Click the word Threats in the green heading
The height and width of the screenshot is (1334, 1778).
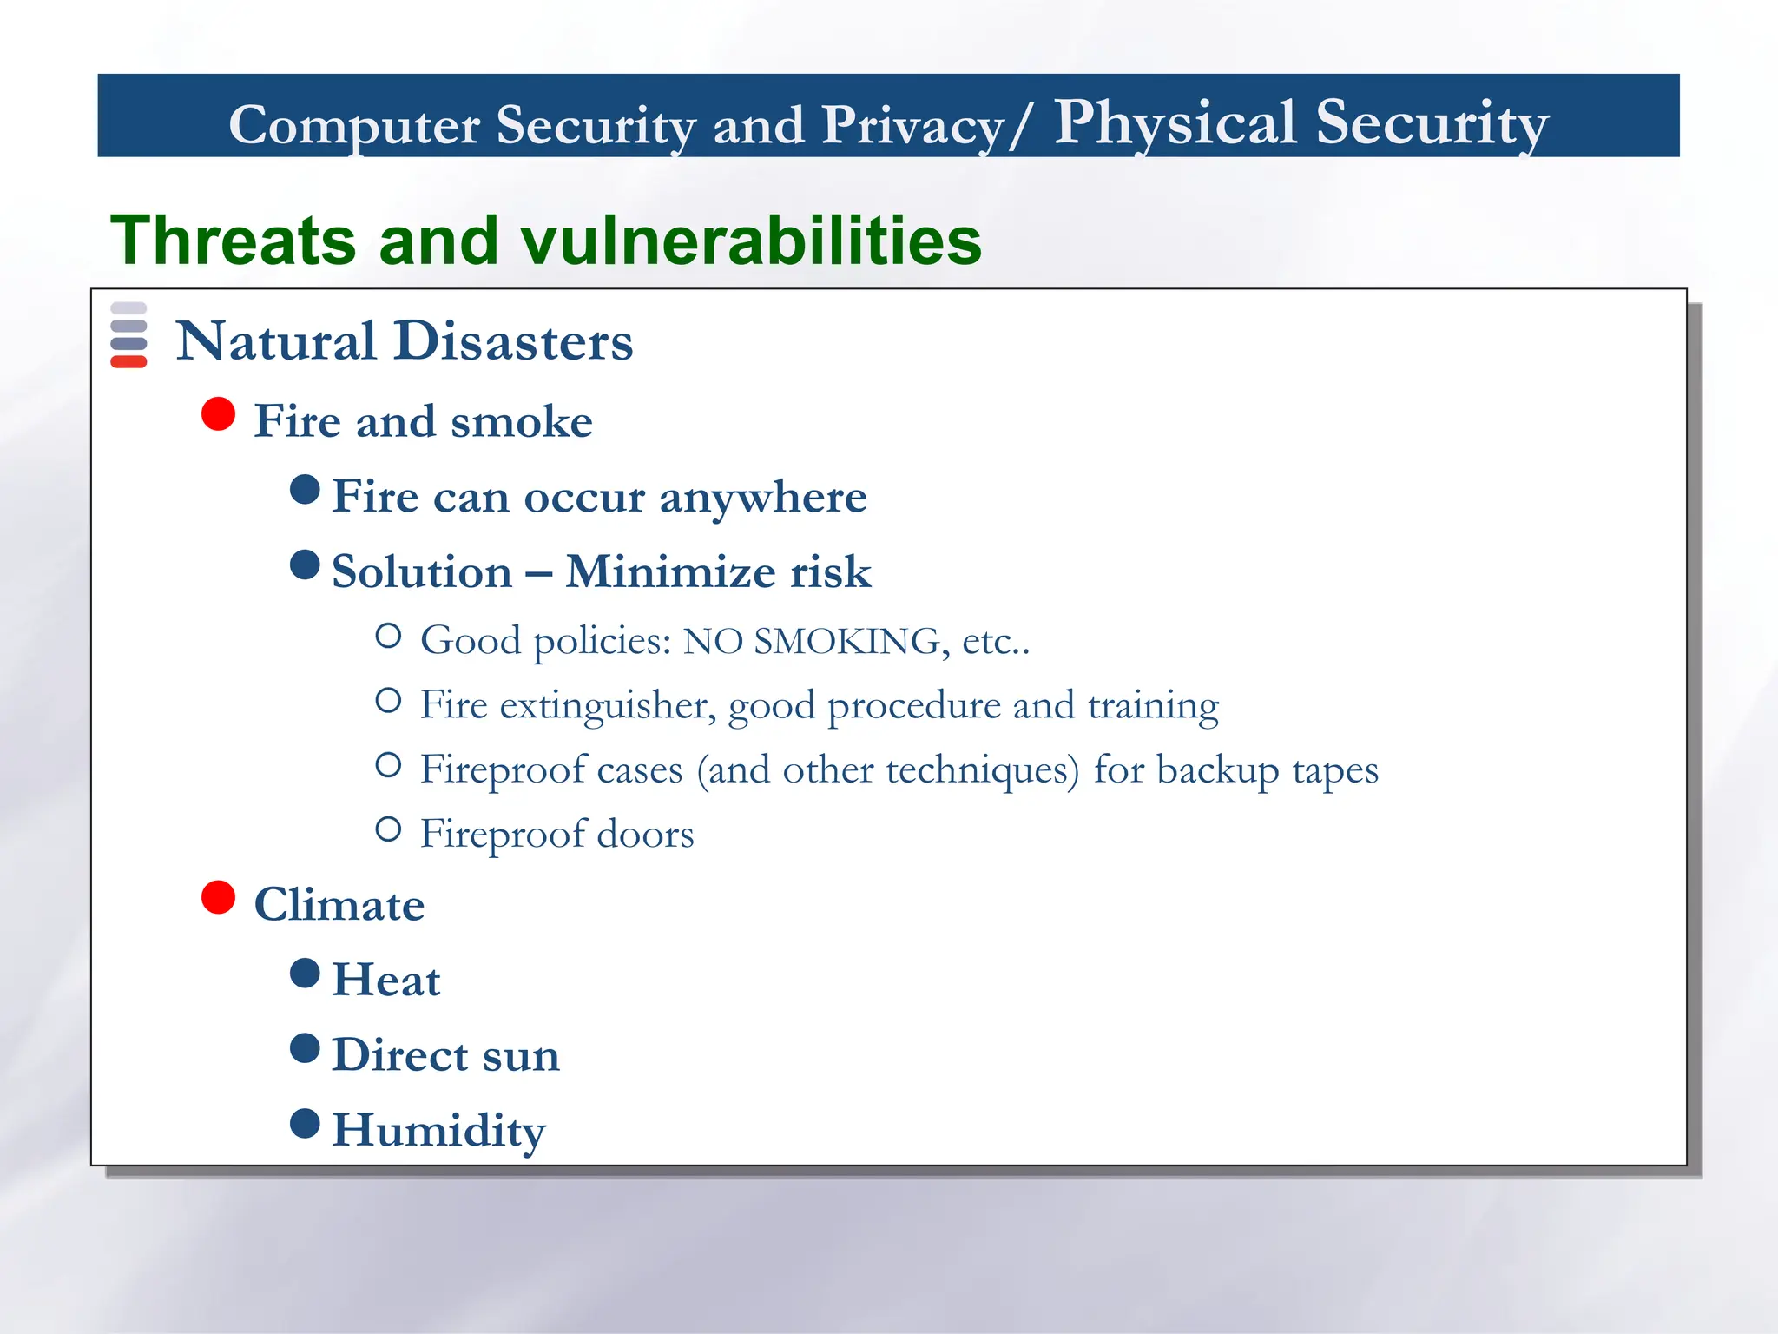pos(233,241)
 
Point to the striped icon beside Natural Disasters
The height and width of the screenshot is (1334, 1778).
pos(128,335)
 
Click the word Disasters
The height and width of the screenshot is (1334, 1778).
pos(513,340)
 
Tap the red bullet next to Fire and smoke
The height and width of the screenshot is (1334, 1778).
pos(219,414)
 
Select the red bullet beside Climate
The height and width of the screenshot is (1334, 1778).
pos(219,897)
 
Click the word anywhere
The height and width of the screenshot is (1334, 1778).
pos(763,498)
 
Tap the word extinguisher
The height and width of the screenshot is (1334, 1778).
pos(607,705)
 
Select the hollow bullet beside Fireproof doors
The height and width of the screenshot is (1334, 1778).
pos(388,829)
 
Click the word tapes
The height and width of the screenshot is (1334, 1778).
pos(1334,770)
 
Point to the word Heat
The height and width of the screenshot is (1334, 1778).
pos(386,981)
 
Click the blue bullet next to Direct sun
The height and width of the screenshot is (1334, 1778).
pos(305,1048)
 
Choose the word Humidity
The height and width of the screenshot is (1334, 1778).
pos(438,1131)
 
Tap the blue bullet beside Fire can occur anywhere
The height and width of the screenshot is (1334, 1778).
pos(305,489)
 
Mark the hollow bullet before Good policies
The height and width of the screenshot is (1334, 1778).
pos(388,637)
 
